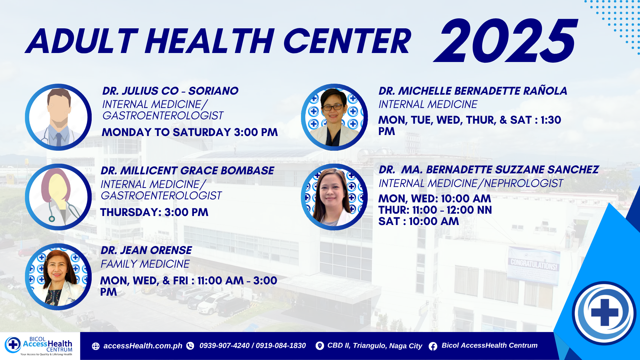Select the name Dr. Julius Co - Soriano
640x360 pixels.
pyautogui.click(x=170, y=91)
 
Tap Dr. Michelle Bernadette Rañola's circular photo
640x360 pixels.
pyautogui.click(x=334, y=117)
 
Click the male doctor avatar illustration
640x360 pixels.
pyautogui.click(x=58, y=117)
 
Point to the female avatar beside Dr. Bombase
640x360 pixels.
pyautogui.click(x=58, y=197)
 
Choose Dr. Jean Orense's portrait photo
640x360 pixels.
pyautogui.click(x=58, y=277)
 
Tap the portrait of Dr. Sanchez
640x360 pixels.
pyautogui.click(x=334, y=197)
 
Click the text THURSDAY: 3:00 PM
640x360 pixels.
pyautogui.click(x=154, y=212)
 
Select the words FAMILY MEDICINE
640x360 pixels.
pyautogui.click(x=145, y=264)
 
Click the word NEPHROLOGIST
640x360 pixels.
pyautogui.click(x=523, y=183)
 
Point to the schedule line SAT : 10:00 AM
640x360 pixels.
pyautogui.click(x=419, y=221)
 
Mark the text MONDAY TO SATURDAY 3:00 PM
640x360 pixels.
pyautogui.click(x=190, y=132)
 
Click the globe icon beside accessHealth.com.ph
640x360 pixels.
pyautogui.click(x=96, y=346)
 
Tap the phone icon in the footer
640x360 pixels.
pyautogui.click(x=190, y=346)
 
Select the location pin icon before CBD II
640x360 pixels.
pyautogui.click(x=320, y=346)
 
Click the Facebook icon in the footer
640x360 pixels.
pyautogui.click(x=433, y=346)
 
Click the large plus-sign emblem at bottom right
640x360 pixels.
pyautogui.click(x=604, y=313)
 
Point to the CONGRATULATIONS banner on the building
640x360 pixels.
pyautogui.click(x=534, y=264)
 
